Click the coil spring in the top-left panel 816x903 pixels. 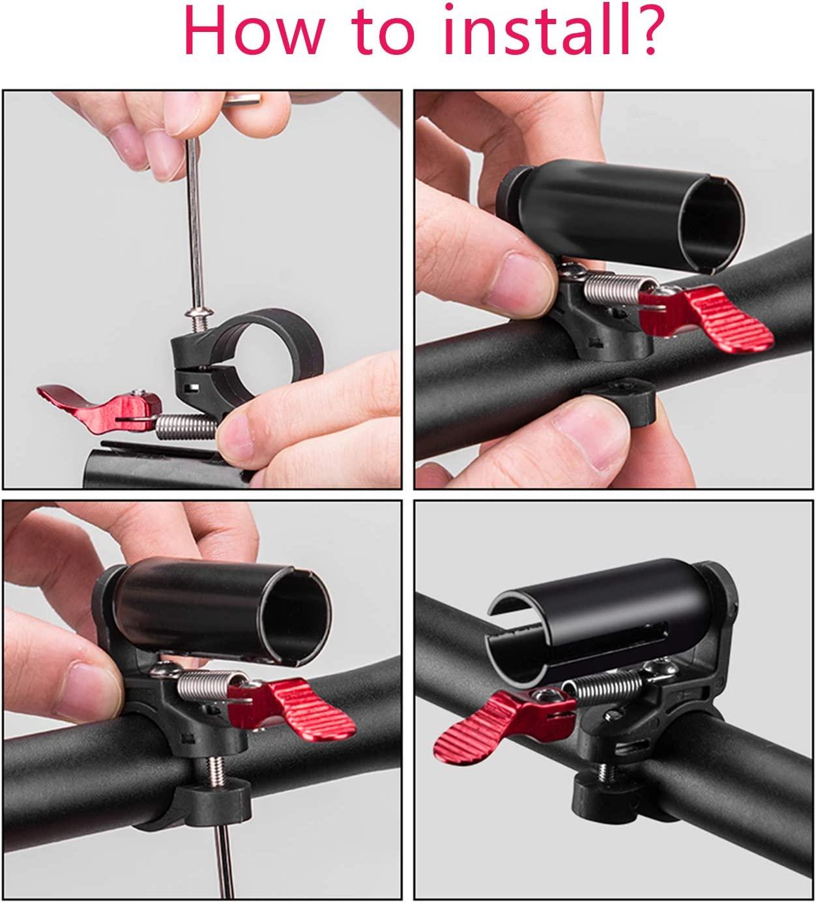coord(186,426)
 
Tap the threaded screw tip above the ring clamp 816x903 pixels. coord(201,325)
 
